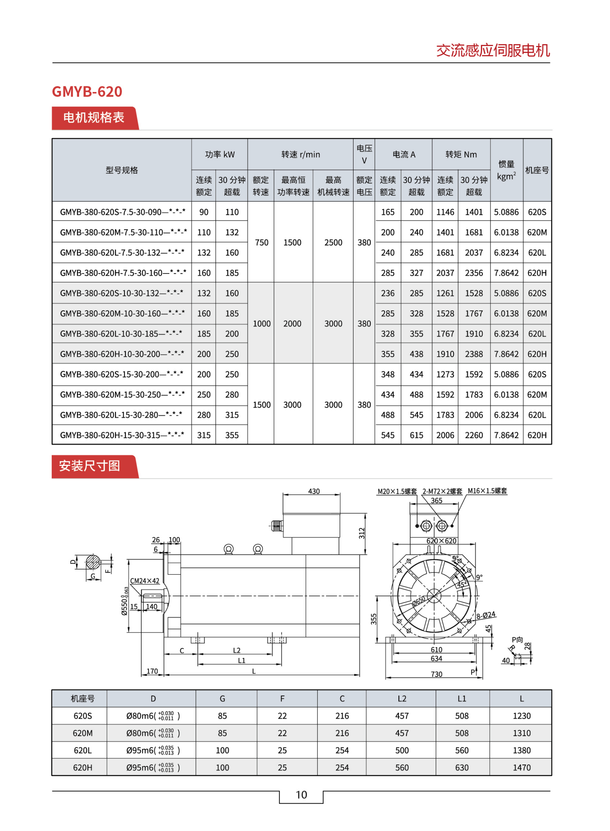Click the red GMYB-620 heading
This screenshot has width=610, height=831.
coord(87,92)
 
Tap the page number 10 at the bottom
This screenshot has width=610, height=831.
coord(301,794)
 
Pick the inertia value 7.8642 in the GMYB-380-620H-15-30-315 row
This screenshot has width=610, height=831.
coord(506,435)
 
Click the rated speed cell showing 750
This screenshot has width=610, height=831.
coord(261,243)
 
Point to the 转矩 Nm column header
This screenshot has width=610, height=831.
coord(461,154)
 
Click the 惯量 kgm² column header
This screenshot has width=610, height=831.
coord(506,170)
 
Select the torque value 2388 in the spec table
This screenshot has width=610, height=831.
coord(474,354)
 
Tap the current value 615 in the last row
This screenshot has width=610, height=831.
coord(416,435)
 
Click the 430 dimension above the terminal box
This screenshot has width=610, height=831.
coord(314,491)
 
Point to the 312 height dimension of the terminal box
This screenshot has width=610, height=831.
coord(362,533)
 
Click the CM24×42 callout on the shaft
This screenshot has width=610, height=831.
coord(145,581)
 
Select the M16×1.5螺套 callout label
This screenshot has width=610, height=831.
coord(487,491)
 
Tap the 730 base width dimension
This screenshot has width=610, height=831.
coord(436,674)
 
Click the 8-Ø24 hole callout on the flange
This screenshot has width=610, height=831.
coord(486,615)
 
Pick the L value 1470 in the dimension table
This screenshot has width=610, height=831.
coord(521,767)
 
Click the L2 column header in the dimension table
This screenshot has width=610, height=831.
coord(402,699)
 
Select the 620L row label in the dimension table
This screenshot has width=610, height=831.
coord(83,750)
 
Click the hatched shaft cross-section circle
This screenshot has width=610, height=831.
coord(92,562)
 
